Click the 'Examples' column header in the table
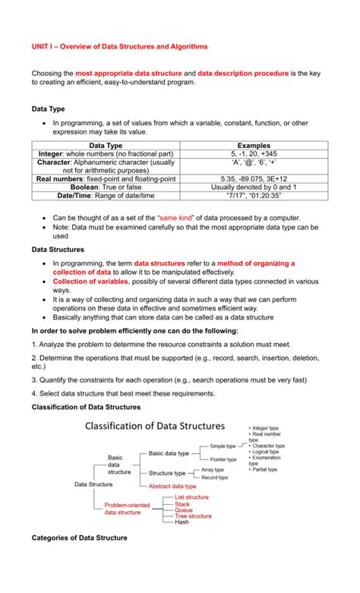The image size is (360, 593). pos(254,145)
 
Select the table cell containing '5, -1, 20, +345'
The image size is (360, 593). pos(254,153)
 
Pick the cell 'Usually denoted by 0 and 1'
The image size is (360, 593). pos(254,187)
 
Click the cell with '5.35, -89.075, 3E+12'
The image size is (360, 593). pos(254,178)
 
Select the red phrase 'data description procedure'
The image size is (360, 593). pos(243,73)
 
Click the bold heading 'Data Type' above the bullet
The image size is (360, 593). pos(49,109)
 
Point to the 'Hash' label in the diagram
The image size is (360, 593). pos(182,522)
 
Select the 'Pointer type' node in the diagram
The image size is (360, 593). pos(223,459)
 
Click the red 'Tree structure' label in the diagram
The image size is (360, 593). pos(193,516)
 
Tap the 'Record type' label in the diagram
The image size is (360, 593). pos(215,478)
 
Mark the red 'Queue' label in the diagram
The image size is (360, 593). pos(184,509)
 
